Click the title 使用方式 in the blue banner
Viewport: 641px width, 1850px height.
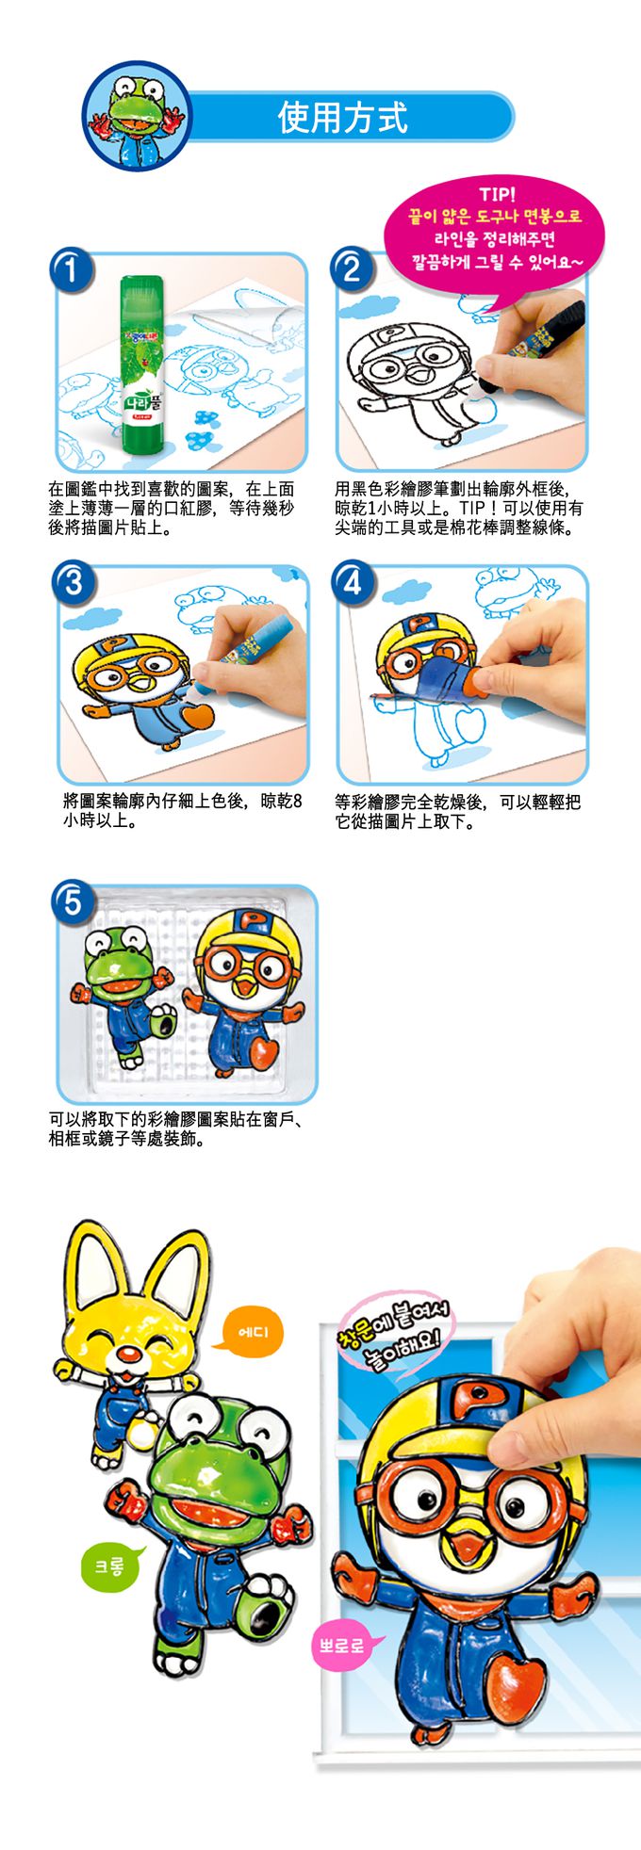(x=342, y=118)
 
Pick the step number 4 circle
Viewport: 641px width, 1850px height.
(x=352, y=582)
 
